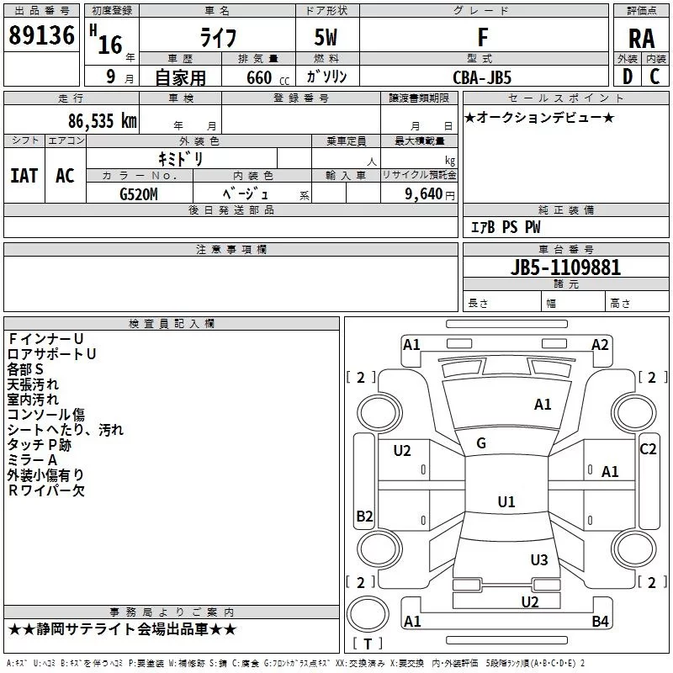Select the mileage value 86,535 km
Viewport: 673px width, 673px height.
coord(100,121)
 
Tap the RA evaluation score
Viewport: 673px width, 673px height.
coord(641,38)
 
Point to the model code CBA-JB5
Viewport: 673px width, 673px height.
coord(482,77)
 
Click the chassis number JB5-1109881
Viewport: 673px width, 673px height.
coord(566,268)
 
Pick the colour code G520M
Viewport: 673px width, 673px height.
coord(140,193)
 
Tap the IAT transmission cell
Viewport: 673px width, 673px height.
coord(24,175)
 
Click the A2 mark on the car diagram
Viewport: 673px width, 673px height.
coord(600,344)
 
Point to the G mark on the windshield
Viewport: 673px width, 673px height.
coord(481,443)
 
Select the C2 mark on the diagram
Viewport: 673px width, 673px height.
coord(648,449)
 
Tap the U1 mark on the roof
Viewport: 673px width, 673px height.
coord(506,502)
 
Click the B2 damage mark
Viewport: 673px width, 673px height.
coord(364,517)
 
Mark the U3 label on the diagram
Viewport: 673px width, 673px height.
coord(539,560)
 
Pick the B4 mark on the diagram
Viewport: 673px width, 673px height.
coord(600,622)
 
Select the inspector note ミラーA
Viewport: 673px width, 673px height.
coord(33,460)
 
